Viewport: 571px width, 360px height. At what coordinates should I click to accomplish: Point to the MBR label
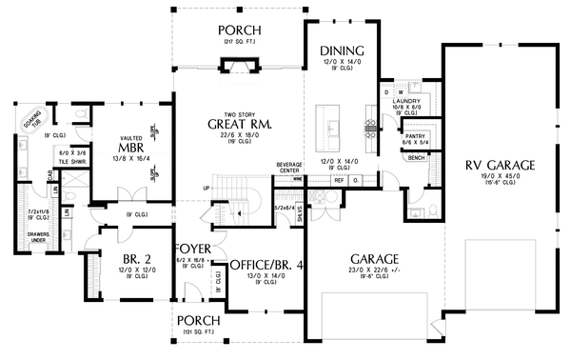[x=130, y=149]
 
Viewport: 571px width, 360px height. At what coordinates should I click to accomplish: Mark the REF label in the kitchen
[x=340, y=179]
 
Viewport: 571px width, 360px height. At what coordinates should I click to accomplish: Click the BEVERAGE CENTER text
[x=288, y=167]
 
